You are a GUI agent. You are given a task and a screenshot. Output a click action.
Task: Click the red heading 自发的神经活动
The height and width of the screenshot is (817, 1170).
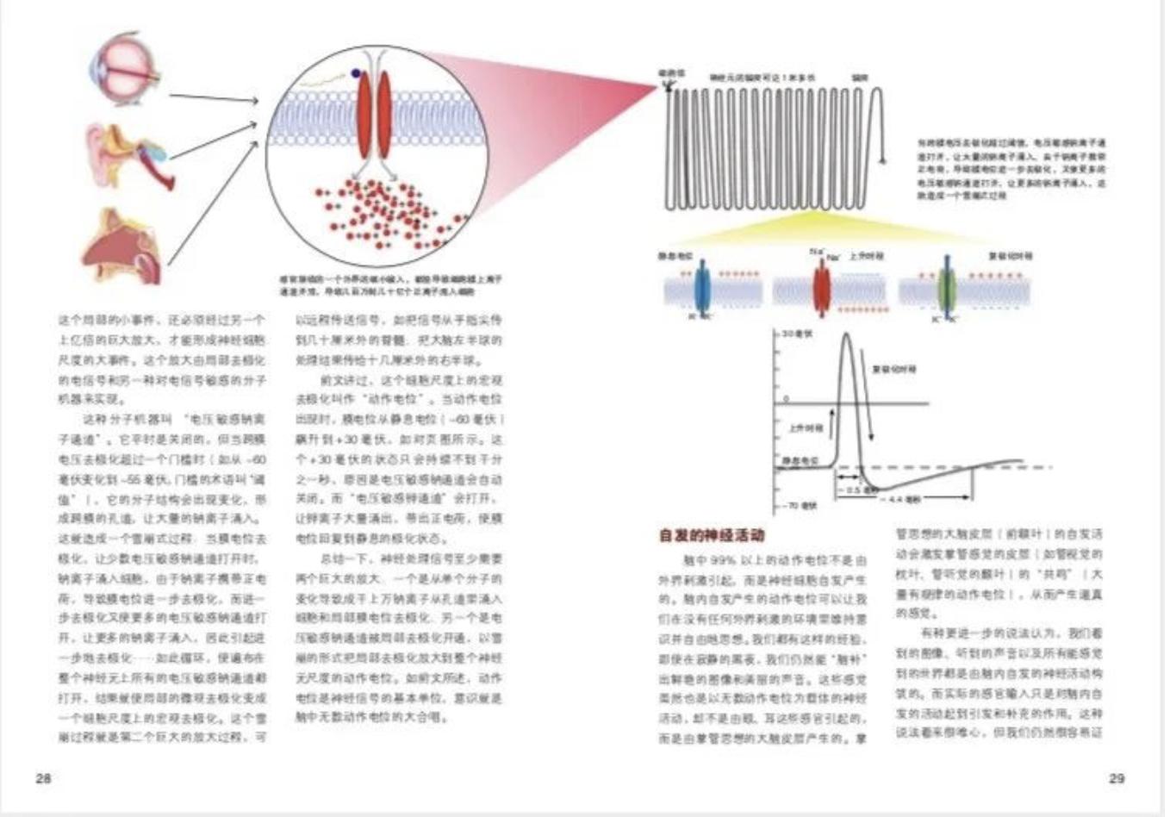[712, 535]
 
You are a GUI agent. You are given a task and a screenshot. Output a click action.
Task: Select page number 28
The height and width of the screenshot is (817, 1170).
[43, 778]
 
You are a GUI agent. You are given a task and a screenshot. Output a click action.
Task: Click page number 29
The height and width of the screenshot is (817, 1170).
[1116, 778]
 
